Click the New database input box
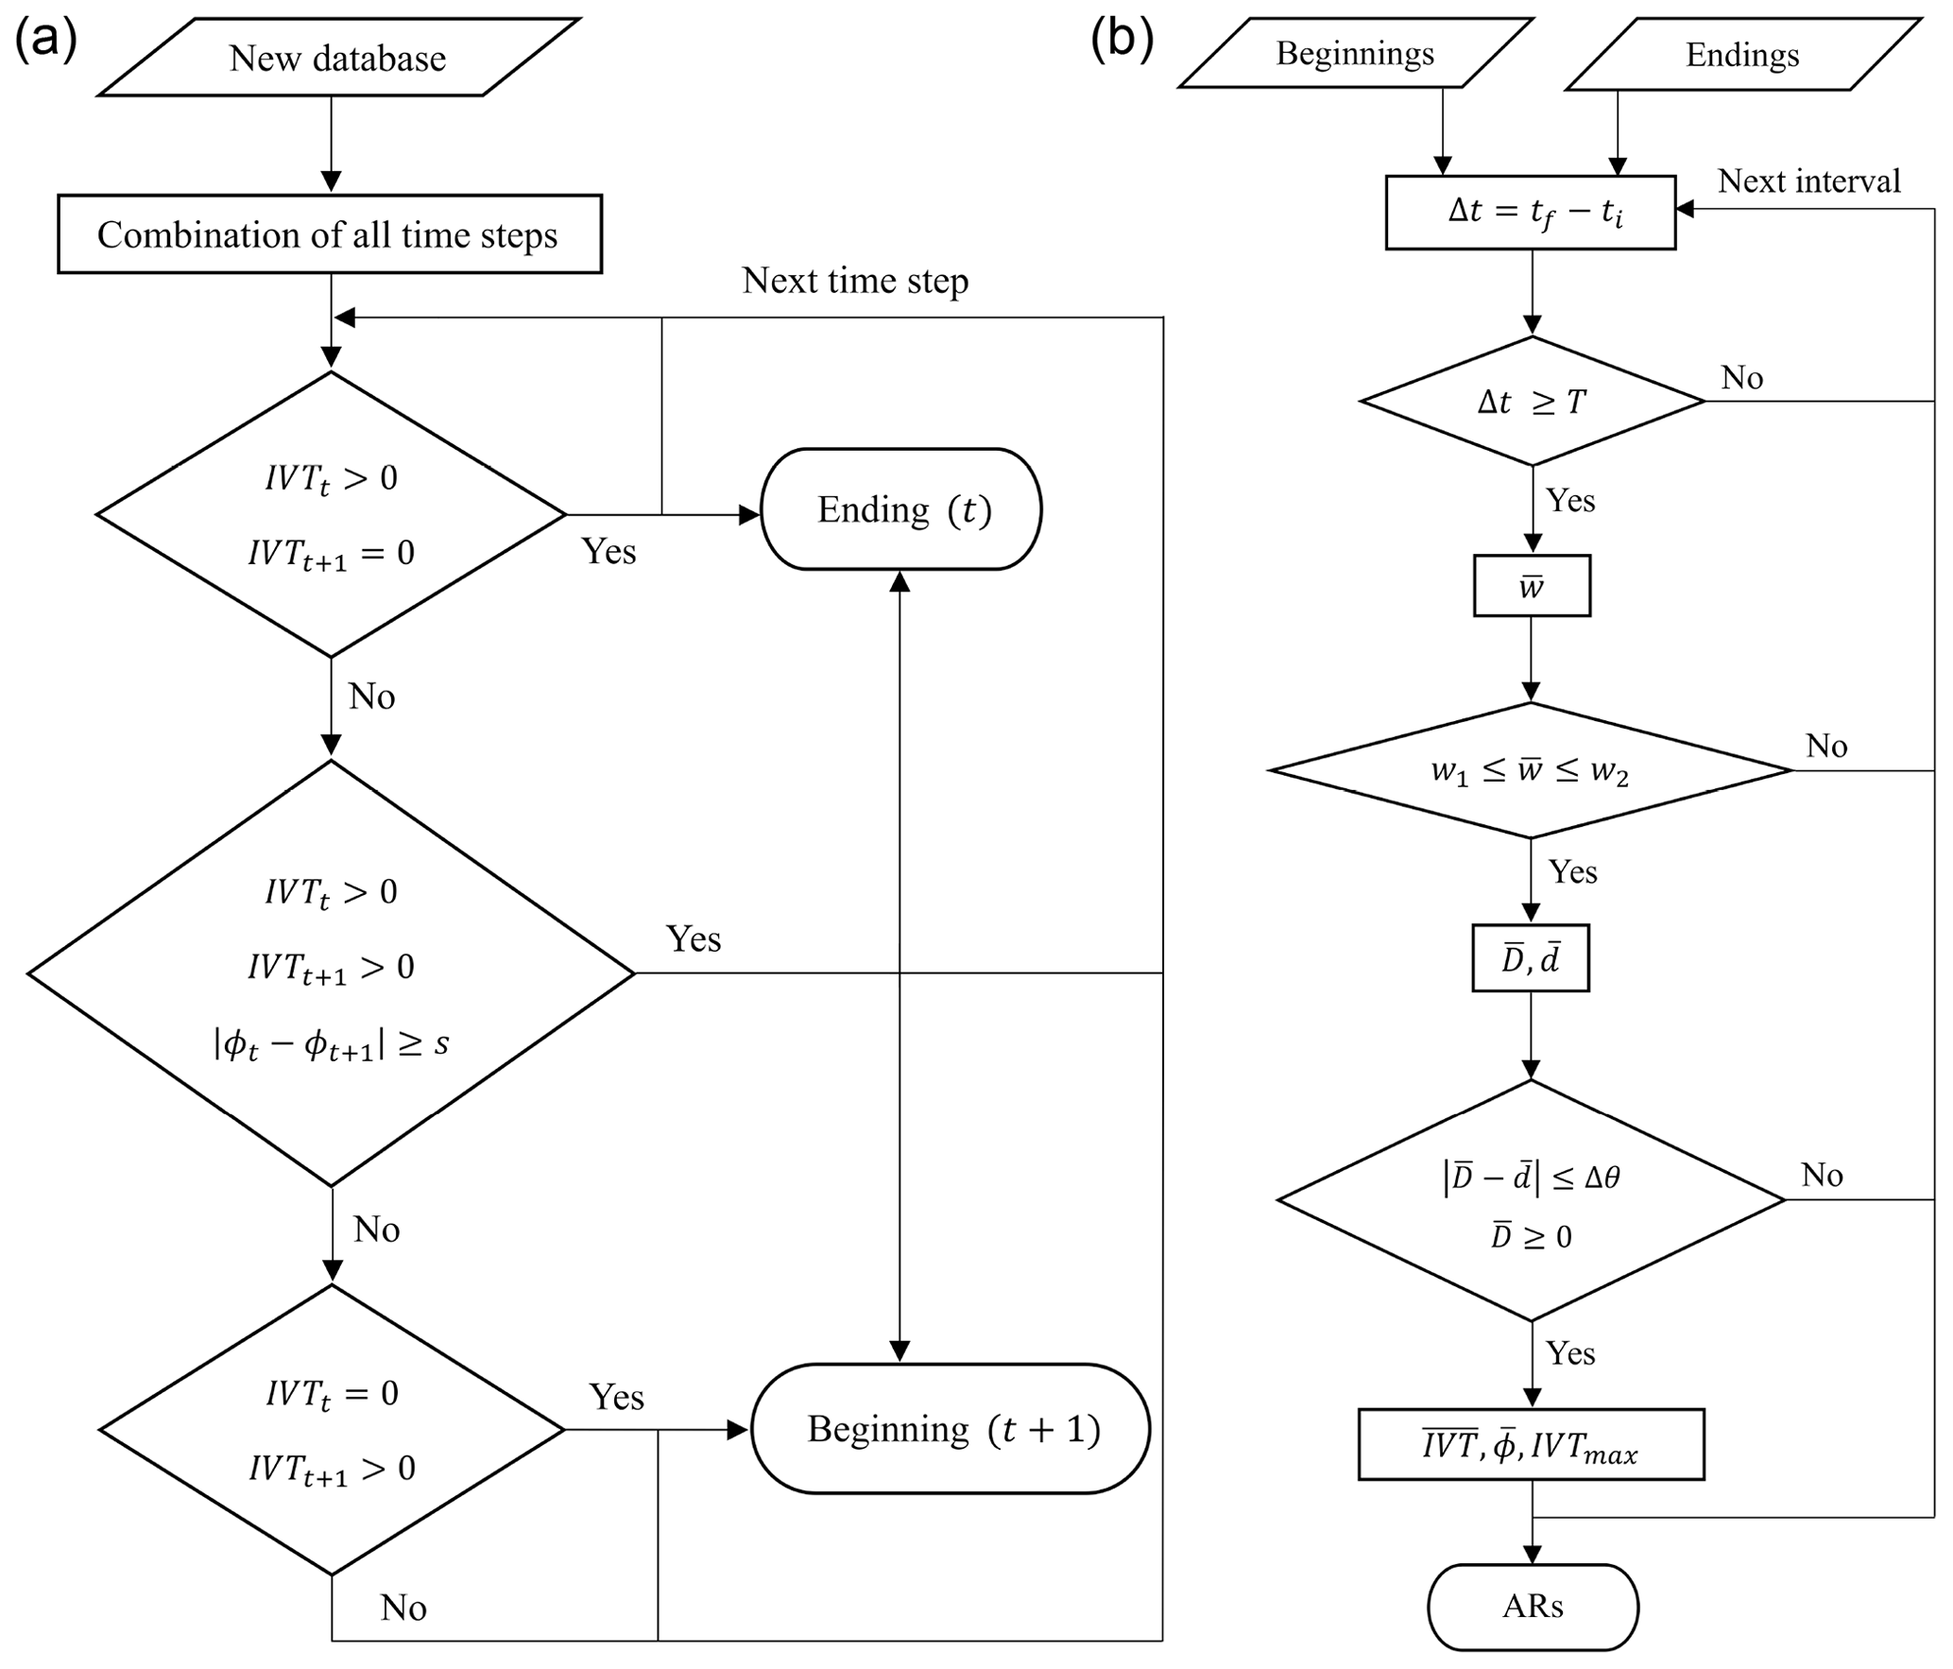tap(337, 58)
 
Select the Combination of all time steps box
tap(329, 234)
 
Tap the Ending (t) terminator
tap(901, 509)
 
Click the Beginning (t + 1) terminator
tap(951, 1429)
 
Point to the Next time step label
tap(854, 281)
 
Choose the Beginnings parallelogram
tap(1355, 54)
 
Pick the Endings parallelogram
tap(1742, 55)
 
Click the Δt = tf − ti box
tap(1531, 213)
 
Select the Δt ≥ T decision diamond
tap(1532, 402)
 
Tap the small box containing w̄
tap(1532, 587)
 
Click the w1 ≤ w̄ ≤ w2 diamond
tap(1530, 771)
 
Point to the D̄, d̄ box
tap(1531, 958)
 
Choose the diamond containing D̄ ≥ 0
tap(1531, 1201)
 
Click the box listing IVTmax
tap(1531, 1445)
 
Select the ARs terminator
tap(1533, 1607)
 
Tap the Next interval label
tap(1808, 181)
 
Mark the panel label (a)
tap(44, 40)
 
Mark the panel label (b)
tap(1122, 40)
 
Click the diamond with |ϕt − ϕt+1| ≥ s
tap(331, 973)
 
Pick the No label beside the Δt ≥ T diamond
tap(1741, 378)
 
